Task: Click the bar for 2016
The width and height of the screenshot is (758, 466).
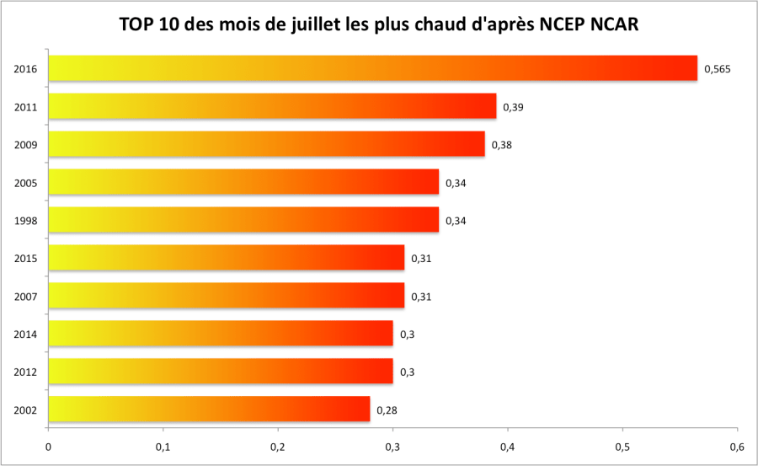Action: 372,68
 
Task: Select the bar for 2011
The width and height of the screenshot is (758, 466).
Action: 272,106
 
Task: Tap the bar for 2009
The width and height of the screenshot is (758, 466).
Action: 266,144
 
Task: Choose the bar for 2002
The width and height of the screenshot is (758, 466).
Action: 209,409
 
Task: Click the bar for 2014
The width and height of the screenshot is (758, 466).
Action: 221,334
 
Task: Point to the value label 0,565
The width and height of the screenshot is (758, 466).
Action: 717,69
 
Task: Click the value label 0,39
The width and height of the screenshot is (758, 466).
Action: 513,107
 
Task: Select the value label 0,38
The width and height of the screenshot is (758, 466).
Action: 502,145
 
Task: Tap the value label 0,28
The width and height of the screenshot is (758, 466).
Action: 387,410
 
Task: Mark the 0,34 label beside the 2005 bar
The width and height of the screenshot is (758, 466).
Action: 456,183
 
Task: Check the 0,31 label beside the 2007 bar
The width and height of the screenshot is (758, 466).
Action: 421,297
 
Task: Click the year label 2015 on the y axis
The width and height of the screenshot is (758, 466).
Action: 25,258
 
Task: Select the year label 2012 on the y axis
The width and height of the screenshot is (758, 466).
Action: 25,372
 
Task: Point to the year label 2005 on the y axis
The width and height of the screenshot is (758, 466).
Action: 25,182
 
